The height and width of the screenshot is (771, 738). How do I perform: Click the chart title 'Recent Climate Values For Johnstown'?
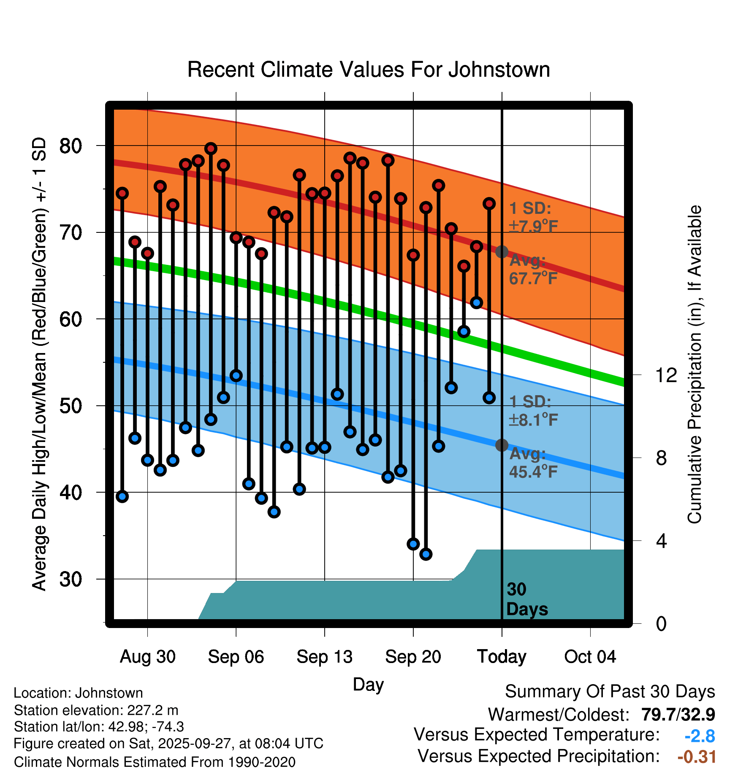[369, 70]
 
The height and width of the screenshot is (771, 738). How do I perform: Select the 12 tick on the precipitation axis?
[666, 375]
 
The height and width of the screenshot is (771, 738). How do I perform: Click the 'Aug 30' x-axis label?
[147, 657]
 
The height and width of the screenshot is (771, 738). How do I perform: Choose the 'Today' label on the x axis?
[502, 657]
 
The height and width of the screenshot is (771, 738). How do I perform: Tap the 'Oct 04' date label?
[590, 657]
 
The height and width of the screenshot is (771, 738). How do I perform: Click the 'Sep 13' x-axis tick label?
[324, 657]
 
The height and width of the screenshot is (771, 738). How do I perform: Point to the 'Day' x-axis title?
[368, 684]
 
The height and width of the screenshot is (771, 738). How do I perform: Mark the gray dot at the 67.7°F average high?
[502, 252]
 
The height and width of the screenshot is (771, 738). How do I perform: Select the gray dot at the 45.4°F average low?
[502, 445]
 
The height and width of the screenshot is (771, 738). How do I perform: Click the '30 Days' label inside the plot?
[526, 599]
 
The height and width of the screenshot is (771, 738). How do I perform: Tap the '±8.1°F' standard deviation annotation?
[534, 420]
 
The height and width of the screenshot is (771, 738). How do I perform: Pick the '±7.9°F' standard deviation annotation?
[534, 226]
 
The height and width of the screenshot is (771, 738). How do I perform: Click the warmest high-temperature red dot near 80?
[211, 148]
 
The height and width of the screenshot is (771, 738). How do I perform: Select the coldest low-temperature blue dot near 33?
[426, 554]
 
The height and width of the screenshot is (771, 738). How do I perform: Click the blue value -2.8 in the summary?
[700, 736]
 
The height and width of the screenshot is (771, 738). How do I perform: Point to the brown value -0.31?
[697, 757]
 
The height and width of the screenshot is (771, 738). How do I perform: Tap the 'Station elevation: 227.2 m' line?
[96, 710]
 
